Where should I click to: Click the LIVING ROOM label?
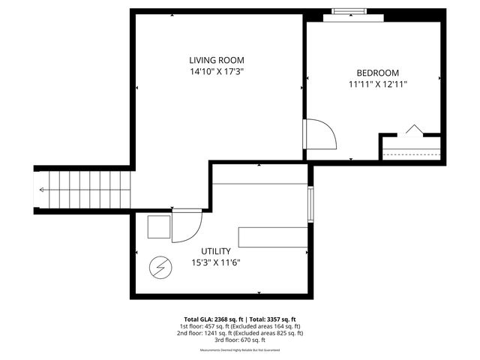216,60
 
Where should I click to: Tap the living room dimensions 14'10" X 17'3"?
216,71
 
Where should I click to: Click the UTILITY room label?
215,251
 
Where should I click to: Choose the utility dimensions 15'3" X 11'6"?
215,262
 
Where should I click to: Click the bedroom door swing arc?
322,134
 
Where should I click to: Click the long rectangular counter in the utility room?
272,236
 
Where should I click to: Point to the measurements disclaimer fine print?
240,350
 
